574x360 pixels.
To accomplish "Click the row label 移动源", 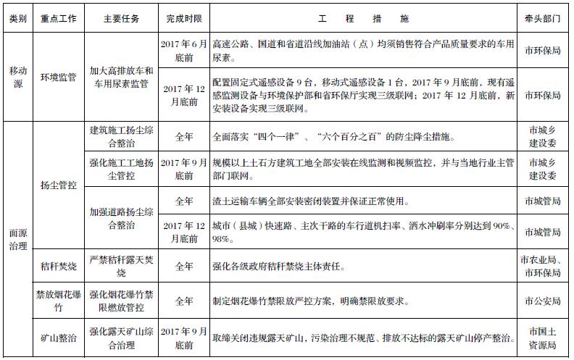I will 18,78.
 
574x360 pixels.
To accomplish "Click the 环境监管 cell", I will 59,78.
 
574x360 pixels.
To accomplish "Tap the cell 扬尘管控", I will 59,185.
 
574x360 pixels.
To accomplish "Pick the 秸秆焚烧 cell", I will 59,267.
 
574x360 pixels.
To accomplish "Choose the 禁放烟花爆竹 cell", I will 59,301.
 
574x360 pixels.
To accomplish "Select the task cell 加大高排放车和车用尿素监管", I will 121,78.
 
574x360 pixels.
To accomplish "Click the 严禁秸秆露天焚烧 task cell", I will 121,267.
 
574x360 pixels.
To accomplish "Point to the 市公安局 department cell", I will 543,301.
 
